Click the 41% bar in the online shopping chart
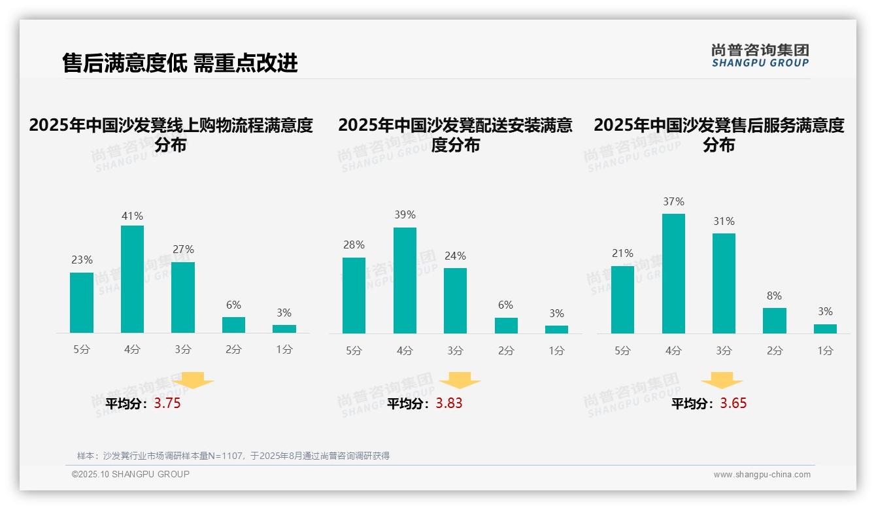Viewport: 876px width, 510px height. (132, 279)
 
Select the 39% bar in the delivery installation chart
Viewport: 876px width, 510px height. (405, 280)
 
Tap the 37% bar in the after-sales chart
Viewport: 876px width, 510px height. (673, 273)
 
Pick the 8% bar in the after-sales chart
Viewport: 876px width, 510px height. (774, 320)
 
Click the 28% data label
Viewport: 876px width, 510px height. (354, 245)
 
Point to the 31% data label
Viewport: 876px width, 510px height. (724, 222)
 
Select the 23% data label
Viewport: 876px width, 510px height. (82, 260)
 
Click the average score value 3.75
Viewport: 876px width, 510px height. (167, 403)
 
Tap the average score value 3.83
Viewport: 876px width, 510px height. (449, 403)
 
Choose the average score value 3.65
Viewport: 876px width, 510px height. (733, 403)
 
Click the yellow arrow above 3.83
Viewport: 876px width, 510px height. (460, 381)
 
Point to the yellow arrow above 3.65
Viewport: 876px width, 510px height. (722, 381)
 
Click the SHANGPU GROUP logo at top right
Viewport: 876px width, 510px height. (760, 56)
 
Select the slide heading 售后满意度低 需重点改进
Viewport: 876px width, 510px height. (180, 63)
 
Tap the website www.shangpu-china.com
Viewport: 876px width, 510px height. (762, 475)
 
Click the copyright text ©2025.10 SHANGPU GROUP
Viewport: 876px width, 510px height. (131, 474)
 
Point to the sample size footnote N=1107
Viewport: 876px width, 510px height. (233, 456)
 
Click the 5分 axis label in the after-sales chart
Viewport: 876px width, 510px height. (622, 351)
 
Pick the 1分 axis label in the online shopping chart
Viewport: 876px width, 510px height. (284, 350)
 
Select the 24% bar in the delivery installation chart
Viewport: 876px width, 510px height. (455, 301)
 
